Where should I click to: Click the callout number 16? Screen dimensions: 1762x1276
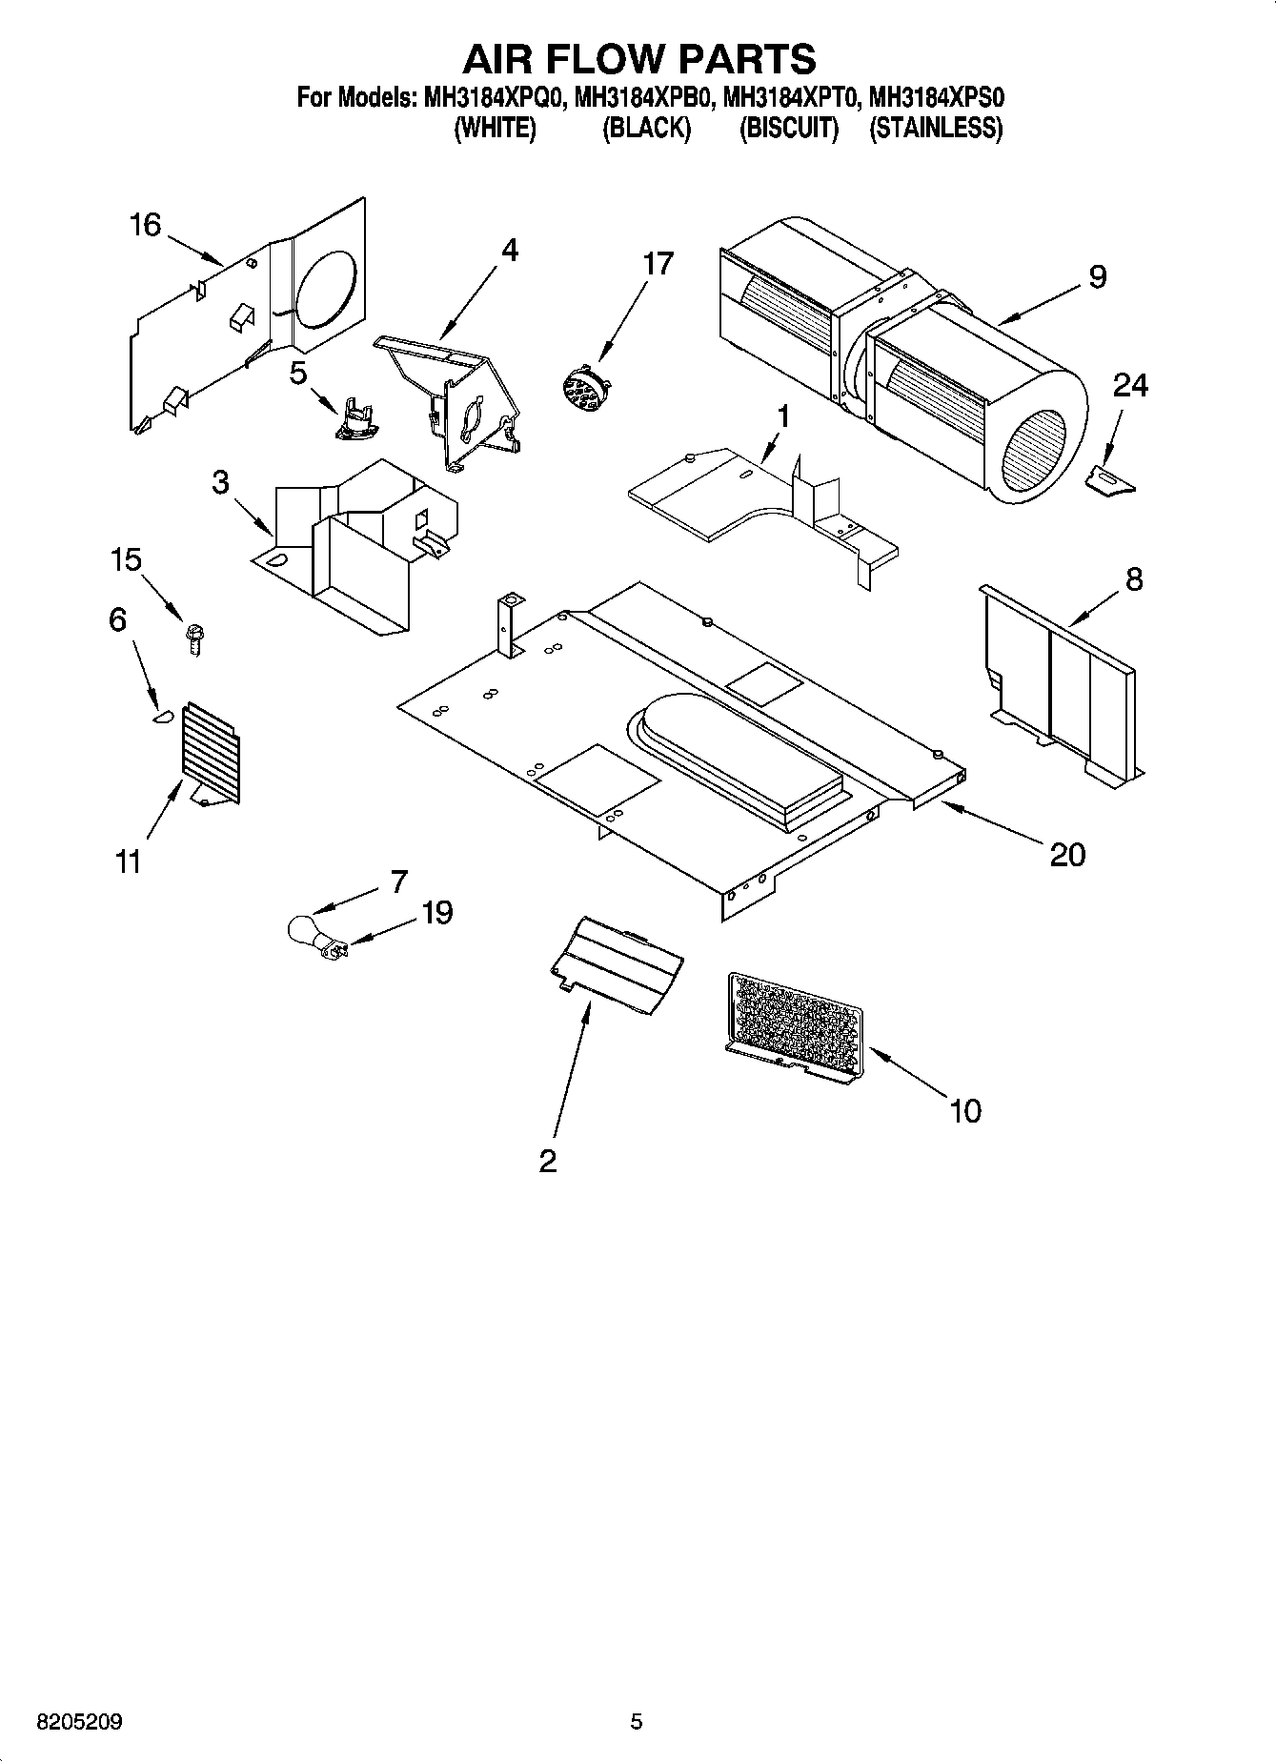tap(145, 226)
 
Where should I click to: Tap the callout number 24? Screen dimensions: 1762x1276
tap(1130, 385)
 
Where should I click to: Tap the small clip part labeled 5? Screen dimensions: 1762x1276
tap(354, 420)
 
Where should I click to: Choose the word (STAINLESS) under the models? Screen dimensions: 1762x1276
tap(935, 128)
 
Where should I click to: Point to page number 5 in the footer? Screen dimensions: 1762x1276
tap(637, 1721)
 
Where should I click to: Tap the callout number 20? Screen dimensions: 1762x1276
tap(1066, 854)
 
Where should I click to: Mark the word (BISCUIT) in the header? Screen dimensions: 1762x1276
tap(788, 128)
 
